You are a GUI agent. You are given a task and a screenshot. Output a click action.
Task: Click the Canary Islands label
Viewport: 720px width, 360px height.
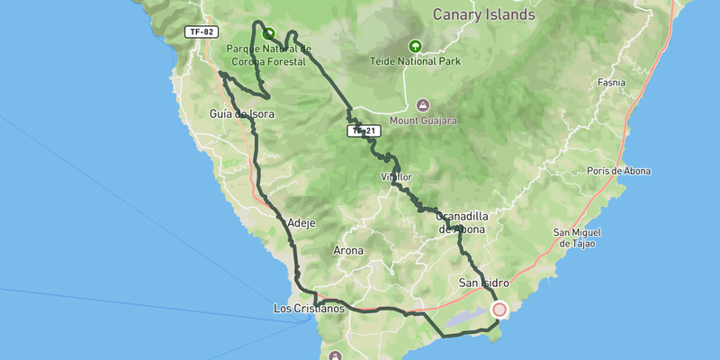click(483, 14)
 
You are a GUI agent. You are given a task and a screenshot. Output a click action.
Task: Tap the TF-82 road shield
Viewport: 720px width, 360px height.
click(202, 32)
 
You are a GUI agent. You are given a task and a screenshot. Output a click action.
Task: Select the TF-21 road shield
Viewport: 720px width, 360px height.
click(362, 131)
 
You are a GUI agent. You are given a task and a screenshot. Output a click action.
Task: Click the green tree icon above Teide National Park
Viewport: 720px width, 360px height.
click(415, 46)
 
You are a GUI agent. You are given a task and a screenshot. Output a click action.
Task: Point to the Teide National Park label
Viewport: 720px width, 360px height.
click(415, 62)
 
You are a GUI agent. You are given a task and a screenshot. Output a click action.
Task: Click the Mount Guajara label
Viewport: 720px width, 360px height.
click(424, 120)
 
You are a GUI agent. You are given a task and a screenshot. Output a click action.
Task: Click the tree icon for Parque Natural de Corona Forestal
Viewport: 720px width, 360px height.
click(268, 34)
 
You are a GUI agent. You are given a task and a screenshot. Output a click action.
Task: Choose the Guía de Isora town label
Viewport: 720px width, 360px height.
click(241, 114)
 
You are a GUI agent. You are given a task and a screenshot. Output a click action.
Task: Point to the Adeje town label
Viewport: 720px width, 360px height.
click(301, 222)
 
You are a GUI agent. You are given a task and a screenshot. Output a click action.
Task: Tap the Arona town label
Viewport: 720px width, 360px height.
click(348, 250)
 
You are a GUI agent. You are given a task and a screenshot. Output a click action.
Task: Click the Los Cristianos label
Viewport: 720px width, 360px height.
click(309, 309)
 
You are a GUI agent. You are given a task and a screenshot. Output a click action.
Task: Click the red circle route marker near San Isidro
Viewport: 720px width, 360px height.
click(499, 310)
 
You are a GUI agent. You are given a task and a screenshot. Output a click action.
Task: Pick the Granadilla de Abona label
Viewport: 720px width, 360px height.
click(461, 223)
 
